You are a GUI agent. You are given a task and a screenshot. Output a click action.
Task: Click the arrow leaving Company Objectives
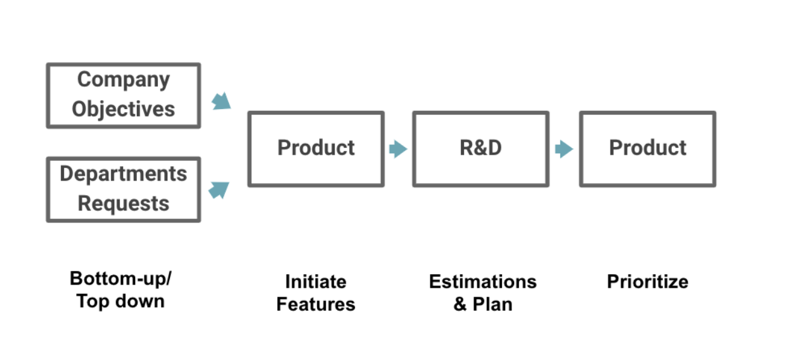pyautogui.click(x=221, y=101)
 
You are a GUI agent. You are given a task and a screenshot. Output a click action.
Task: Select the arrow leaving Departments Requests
pyautogui.click(x=219, y=190)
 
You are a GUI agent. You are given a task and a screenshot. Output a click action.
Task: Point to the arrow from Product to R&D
pyautogui.click(x=398, y=149)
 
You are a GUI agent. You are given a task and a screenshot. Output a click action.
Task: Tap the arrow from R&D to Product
pyautogui.click(x=564, y=149)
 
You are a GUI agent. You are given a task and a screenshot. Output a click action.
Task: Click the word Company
pyautogui.click(x=124, y=80)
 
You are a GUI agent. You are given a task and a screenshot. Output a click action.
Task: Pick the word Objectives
pyautogui.click(x=124, y=109)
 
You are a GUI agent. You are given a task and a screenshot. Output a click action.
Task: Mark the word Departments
pyautogui.click(x=124, y=174)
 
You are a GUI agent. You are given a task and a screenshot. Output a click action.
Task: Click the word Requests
pyautogui.click(x=124, y=204)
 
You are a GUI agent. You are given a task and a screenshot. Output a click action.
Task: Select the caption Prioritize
pyautogui.click(x=648, y=281)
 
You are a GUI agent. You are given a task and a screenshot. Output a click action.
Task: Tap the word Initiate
pyautogui.click(x=316, y=281)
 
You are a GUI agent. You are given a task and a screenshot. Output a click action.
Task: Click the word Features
pyautogui.click(x=316, y=304)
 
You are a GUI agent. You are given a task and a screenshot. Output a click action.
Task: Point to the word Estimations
pyautogui.click(x=483, y=281)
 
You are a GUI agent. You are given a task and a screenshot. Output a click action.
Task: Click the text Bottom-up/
pyautogui.click(x=120, y=279)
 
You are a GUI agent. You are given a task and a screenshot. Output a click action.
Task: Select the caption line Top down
pyautogui.click(x=120, y=302)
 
